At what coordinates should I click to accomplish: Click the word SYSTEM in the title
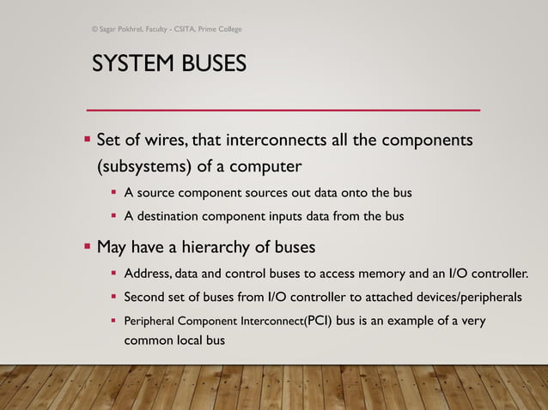click(x=127, y=64)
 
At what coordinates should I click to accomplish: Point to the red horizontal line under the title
click(x=283, y=110)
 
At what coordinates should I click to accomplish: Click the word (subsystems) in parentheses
click(x=142, y=165)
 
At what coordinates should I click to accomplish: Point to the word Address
click(x=147, y=274)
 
